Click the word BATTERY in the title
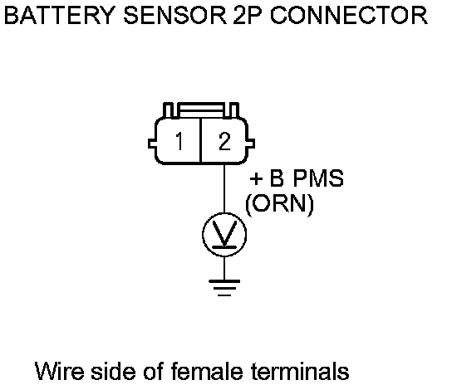[x=60, y=15]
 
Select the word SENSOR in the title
[x=175, y=15]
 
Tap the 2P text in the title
[x=248, y=15]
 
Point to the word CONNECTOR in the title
[x=349, y=15]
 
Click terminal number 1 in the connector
[x=179, y=141]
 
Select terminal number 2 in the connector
[x=224, y=141]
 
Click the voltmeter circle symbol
[x=224, y=235]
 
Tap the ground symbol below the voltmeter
[x=224, y=288]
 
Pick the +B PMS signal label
[x=297, y=178]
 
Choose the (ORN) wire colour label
[x=279, y=204]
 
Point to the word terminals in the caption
[x=300, y=371]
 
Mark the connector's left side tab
[x=152, y=144]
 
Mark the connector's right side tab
[x=250, y=144]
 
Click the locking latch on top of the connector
[x=201, y=110]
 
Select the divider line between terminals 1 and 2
[x=200, y=140]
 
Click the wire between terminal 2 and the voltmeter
[x=224, y=188]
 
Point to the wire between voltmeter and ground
[x=224, y=268]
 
